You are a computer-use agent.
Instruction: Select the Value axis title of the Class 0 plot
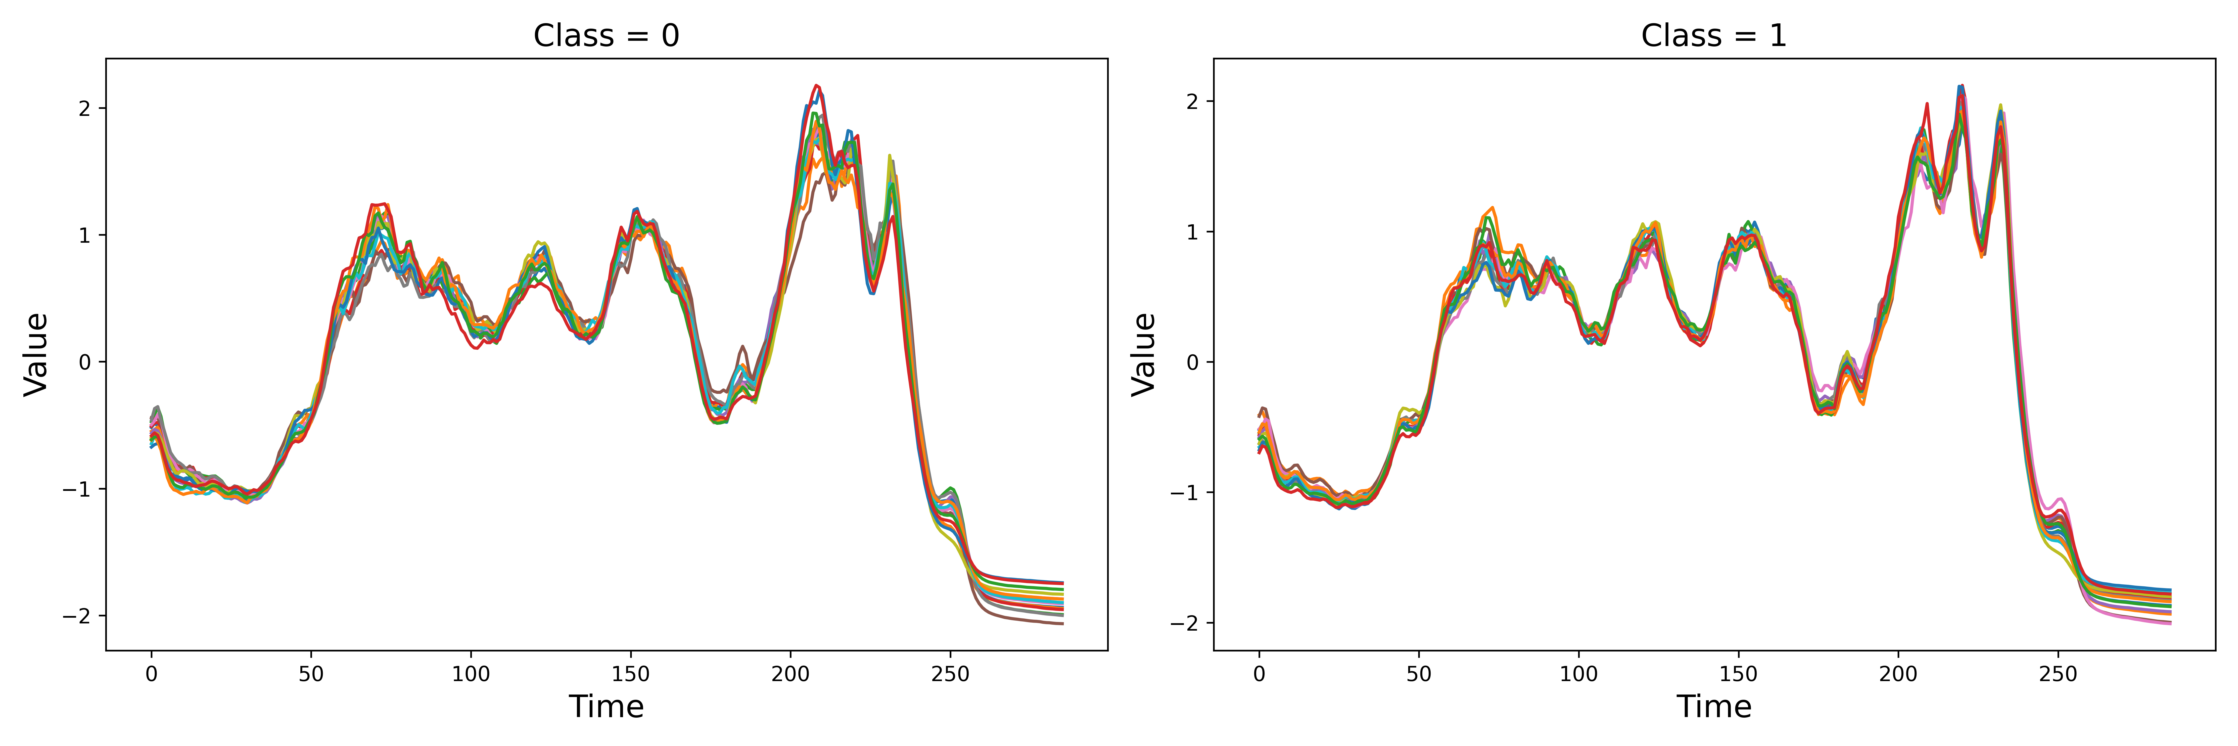click(x=36, y=354)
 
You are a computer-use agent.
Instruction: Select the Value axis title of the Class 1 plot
click(x=1143, y=354)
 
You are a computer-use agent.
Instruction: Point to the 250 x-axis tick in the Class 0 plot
click(x=950, y=674)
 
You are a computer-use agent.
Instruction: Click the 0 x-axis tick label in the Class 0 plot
click(x=151, y=674)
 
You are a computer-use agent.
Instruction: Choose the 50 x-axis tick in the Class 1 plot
click(x=1419, y=674)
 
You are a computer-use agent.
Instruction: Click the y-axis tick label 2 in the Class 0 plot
click(x=84, y=109)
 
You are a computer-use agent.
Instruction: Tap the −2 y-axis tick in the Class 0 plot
click(x=76, y=616)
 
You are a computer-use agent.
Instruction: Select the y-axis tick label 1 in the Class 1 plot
click(x=1192, y=232)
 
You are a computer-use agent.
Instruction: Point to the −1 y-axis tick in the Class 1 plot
click(x=1184, y=492)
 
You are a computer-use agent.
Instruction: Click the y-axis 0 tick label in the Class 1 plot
click(x=1192, y=362)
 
